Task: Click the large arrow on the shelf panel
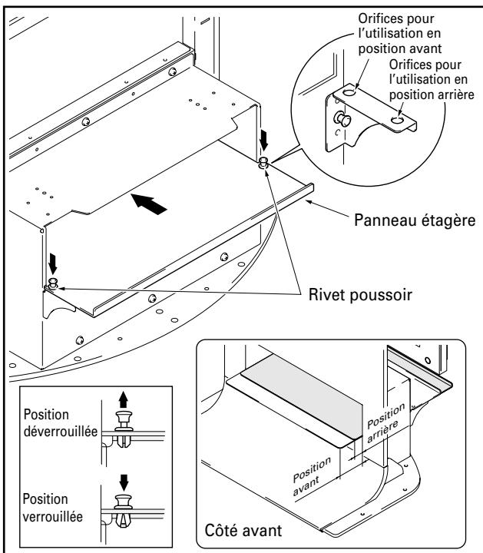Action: tap(150, 205)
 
